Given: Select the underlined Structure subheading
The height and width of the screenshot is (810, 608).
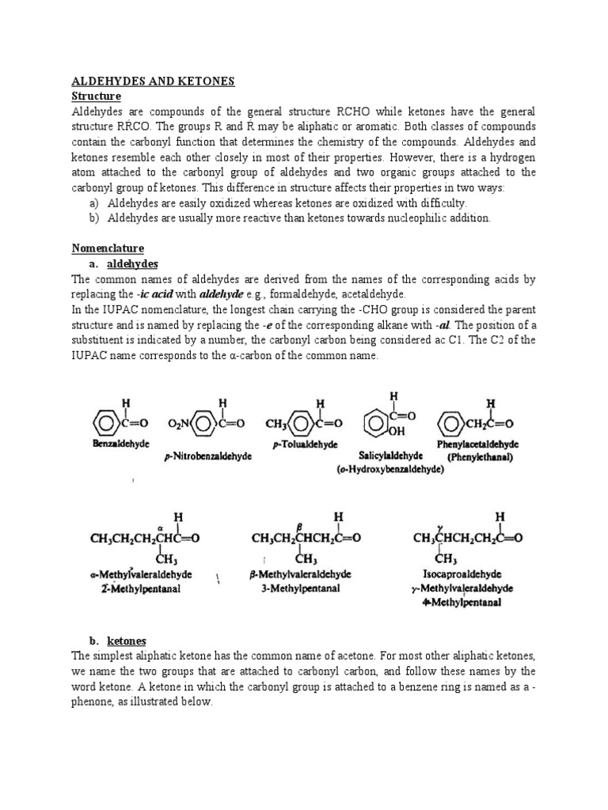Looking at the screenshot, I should [96, 96].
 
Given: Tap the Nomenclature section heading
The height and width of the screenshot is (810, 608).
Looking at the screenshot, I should [108, 248].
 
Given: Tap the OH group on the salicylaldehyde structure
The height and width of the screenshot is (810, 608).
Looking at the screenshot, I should [397, 431].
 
